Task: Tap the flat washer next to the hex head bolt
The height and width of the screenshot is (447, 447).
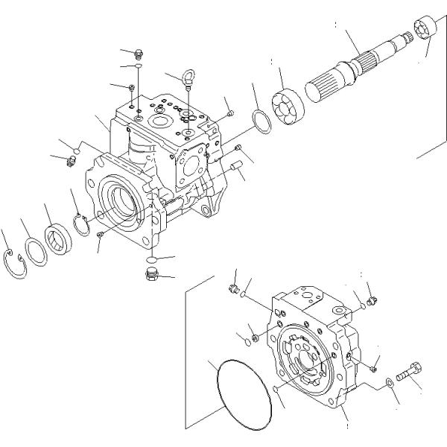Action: tap(390, 383)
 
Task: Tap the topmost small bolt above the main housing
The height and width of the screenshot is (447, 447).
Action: tap(137, 52)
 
